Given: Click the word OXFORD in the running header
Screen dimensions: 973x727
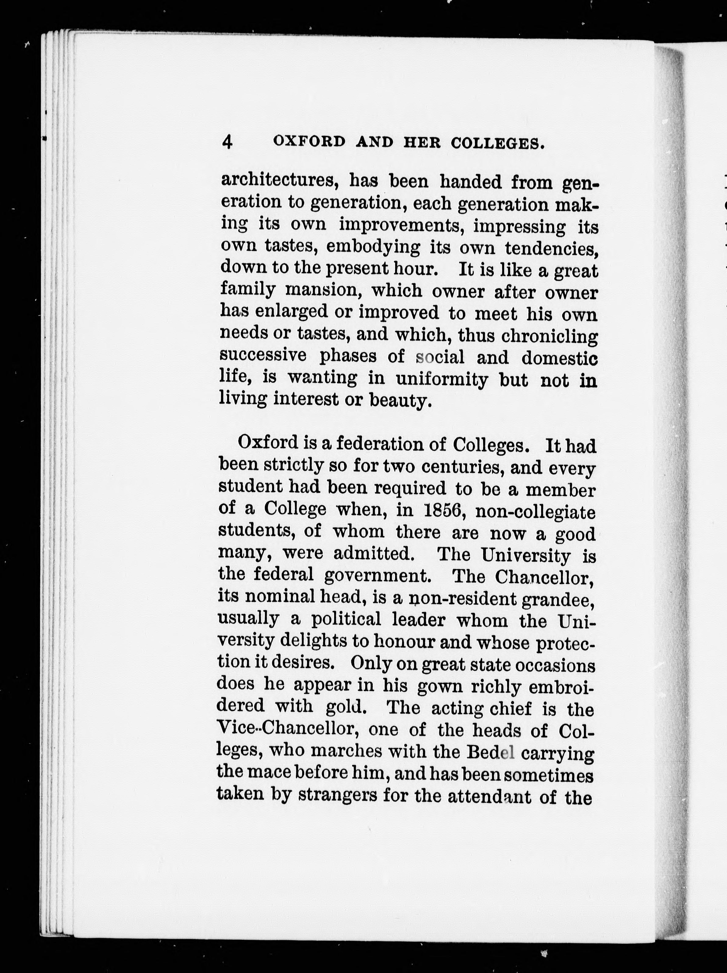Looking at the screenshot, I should (x=309, y=142).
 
